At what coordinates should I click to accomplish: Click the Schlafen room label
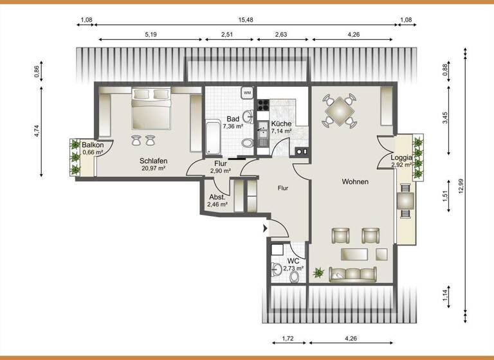pos(153,161)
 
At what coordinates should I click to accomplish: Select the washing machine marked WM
pos(247,93)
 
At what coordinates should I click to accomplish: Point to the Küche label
pos(281,123)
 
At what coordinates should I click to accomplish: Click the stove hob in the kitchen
pos(263,104)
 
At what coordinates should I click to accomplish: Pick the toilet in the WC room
pos(295,276)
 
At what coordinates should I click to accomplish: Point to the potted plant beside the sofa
pos(318,273)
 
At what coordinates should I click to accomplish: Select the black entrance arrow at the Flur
pos(265,228)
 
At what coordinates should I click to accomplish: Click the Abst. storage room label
pos(216,197)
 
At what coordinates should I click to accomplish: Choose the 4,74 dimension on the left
pos(37,130)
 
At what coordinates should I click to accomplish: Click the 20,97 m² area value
pos(153,168)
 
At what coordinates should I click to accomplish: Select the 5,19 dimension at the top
pos(151,34)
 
